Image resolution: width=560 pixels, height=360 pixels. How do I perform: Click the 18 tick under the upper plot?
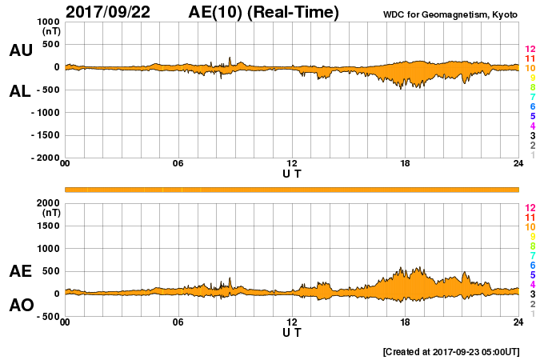(x=405, y=164)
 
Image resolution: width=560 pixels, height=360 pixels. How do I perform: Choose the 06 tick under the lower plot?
(x=178, y=322)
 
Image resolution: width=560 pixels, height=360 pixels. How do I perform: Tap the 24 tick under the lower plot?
(x=518, y=322)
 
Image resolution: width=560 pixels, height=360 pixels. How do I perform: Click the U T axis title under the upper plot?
(x=291, y=173)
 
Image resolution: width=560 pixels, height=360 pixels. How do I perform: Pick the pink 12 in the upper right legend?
(x=530, y=50)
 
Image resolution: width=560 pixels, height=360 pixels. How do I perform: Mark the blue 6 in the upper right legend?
(x=531, y=106)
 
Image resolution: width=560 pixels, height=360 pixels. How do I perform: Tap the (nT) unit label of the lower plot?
(x=52, y=213)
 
